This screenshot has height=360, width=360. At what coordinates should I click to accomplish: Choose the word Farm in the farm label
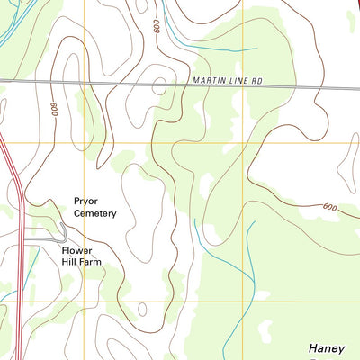89,262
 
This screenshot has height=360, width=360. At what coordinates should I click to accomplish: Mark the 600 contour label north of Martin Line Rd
157,27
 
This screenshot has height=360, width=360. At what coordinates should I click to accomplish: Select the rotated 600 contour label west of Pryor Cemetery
54,108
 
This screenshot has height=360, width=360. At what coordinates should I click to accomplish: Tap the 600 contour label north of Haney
329,208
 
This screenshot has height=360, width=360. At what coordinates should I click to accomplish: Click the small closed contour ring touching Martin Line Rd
159,85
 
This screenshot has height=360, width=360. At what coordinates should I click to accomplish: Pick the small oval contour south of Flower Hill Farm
143,310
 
